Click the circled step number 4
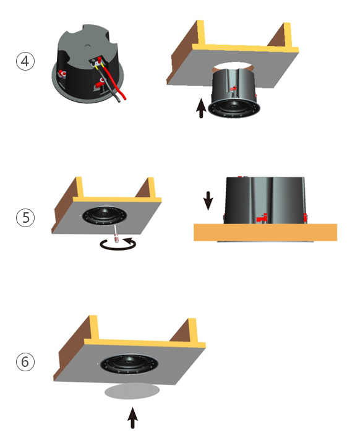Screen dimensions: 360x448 click(25, 61)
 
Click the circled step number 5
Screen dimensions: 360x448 click(25, 218)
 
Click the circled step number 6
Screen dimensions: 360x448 click(25, 362)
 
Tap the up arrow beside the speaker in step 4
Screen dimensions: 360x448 click(201, 108)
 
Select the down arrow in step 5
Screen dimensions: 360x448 click(208, 200)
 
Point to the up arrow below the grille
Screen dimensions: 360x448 click(132, 418)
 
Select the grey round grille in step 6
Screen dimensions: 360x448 click(132, 391)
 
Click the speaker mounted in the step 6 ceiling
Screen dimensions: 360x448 click(129, 364)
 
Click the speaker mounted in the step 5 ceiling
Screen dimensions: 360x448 click(105, 215)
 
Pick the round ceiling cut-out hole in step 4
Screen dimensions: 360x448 click(233, 67)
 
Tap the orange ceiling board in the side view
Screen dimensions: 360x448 click(265, 232)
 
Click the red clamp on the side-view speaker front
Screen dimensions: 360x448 click(262, 218)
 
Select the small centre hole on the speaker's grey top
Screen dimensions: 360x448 click(87, 45)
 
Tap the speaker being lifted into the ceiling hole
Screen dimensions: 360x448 click(234, 93)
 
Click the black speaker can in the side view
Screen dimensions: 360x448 click(265, 200)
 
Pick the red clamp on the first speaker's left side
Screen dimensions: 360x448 click(62, 74)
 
